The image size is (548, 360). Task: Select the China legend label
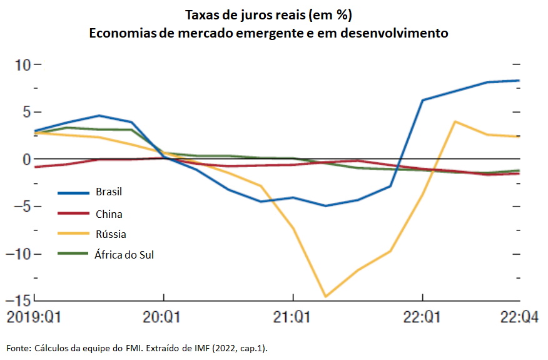(109, 213)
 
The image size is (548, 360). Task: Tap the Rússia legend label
(110, 234)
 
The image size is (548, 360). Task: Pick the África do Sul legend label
(124, 255)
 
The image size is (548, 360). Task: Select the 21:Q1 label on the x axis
(292, 317)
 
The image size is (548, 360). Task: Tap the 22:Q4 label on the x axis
(520, 317)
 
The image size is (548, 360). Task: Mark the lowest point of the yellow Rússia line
(325, 297)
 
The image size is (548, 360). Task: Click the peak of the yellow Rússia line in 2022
(455, 121)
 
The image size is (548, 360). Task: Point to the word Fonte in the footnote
(18, 347)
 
